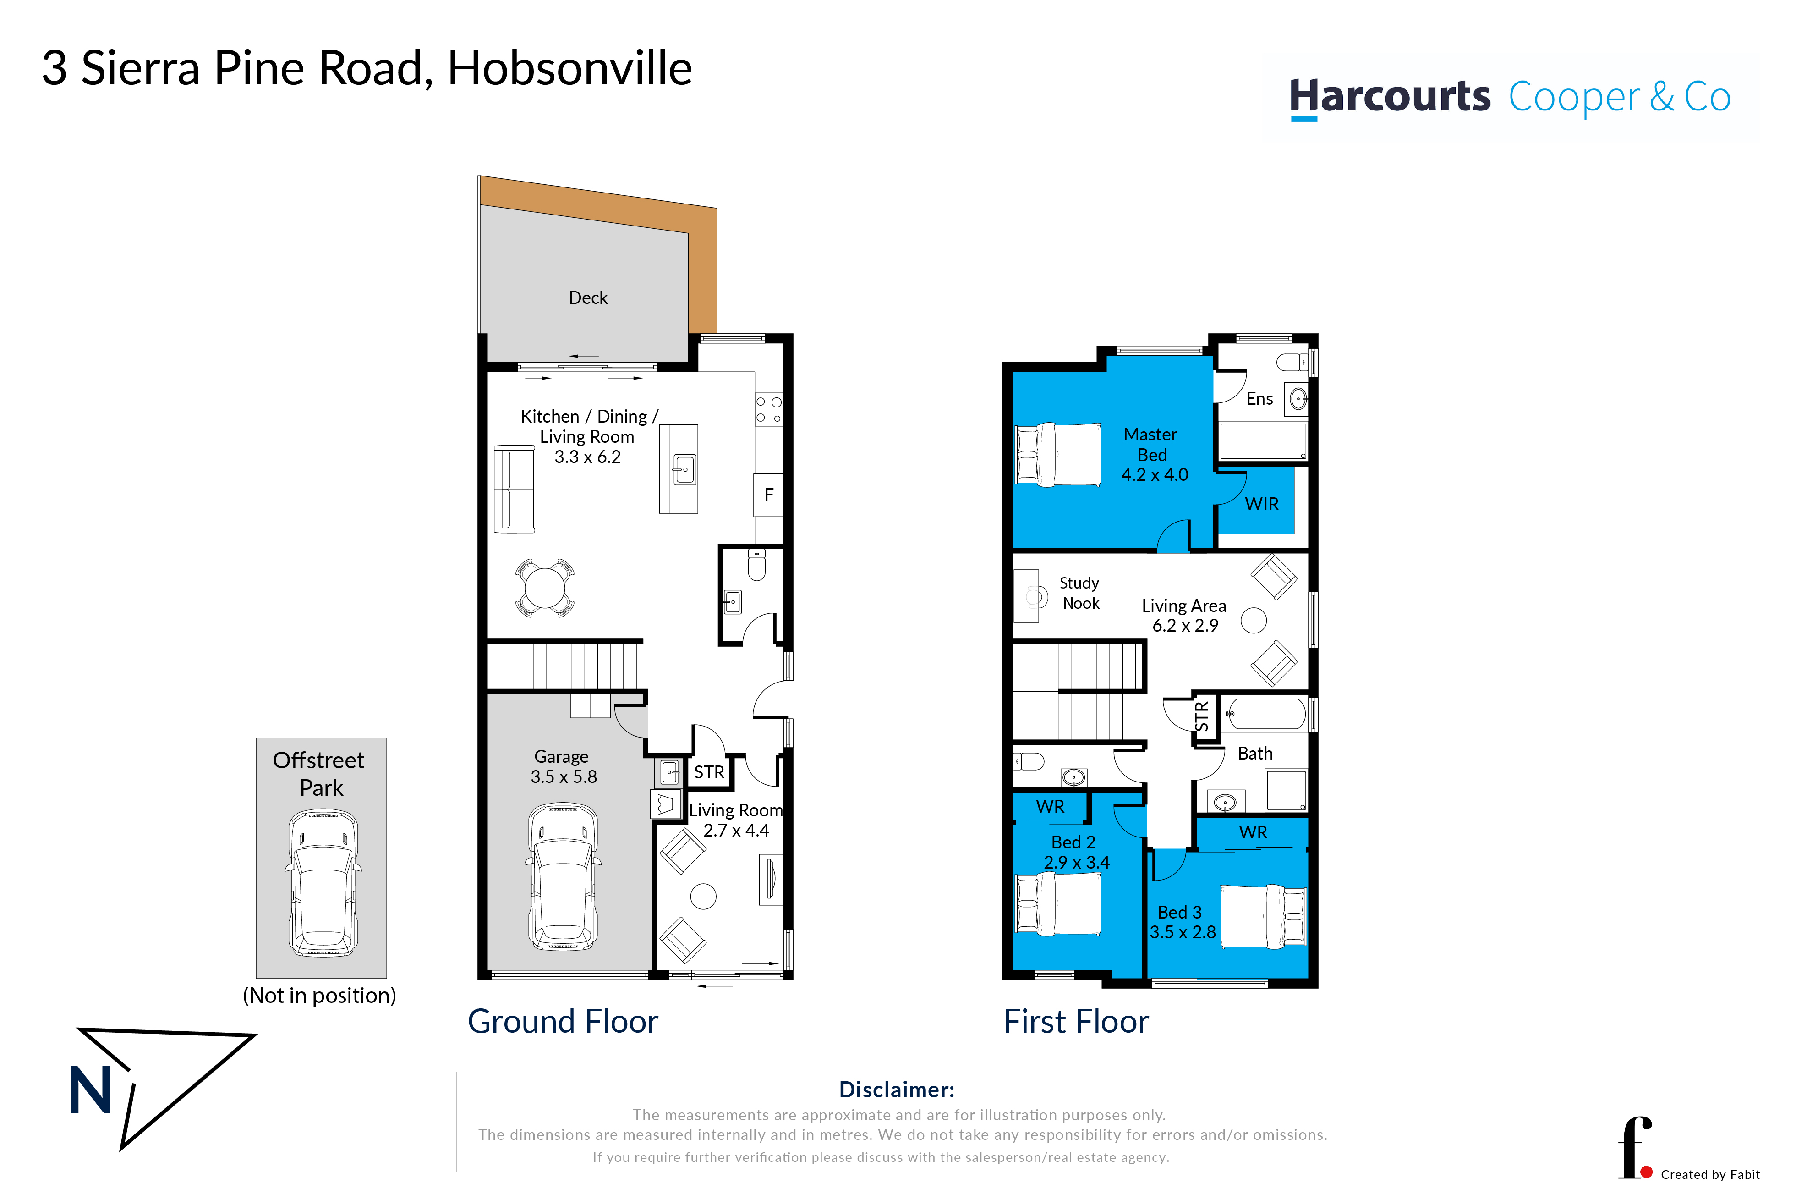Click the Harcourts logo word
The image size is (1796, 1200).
click(x=1390, y=97)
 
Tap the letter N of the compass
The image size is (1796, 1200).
click(x=90, y=1090)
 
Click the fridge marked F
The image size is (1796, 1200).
click(x=769, y=495)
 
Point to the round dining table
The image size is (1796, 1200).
click(x=545, y=588)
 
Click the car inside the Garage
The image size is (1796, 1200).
click(x=563, y=877)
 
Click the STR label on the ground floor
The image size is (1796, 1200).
click(x=709, y=773)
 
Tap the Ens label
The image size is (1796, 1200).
click(x=1260, y=399)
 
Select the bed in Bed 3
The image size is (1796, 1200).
click(x=1264, y=917)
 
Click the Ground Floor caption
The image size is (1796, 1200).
click(x=563, y=1022)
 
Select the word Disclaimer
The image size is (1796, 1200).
click(x=897, y=1090)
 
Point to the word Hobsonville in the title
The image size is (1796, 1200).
click(x=570, y=68)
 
